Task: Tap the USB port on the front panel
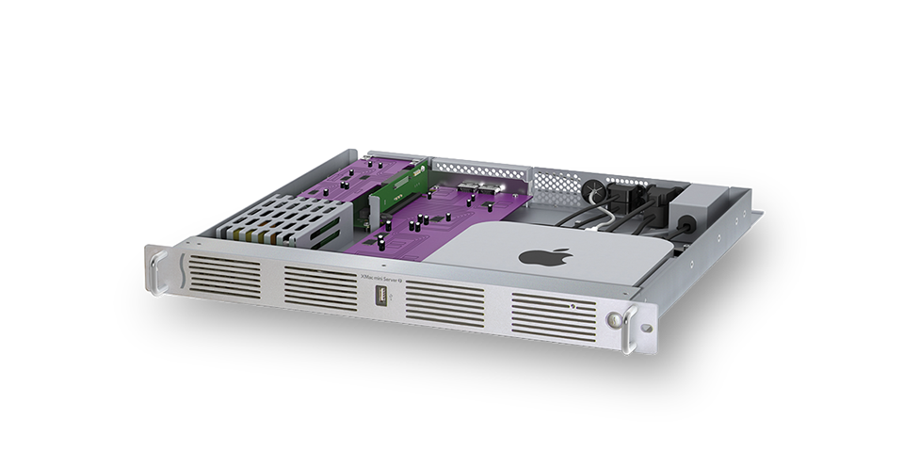coord(381,301)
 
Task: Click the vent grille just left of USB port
coord(317,286)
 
